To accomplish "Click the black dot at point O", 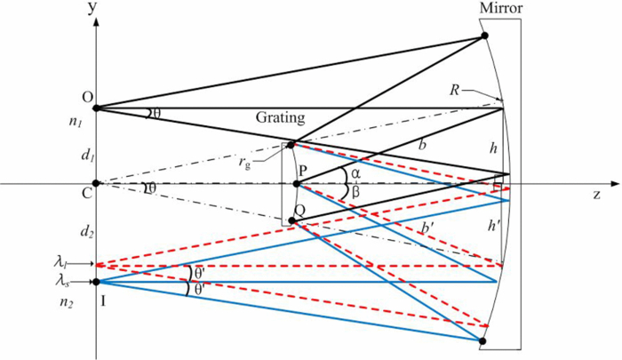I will click(95, 108).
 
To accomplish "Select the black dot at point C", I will click(95, 184).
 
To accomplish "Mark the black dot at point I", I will click(95, 283).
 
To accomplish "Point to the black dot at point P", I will click(297, 184).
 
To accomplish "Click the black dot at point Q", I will click(291, 220).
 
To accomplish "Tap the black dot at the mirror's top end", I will click(484, 36).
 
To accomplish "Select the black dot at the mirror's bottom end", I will click(482, 341).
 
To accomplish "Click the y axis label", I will click(92, 8).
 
